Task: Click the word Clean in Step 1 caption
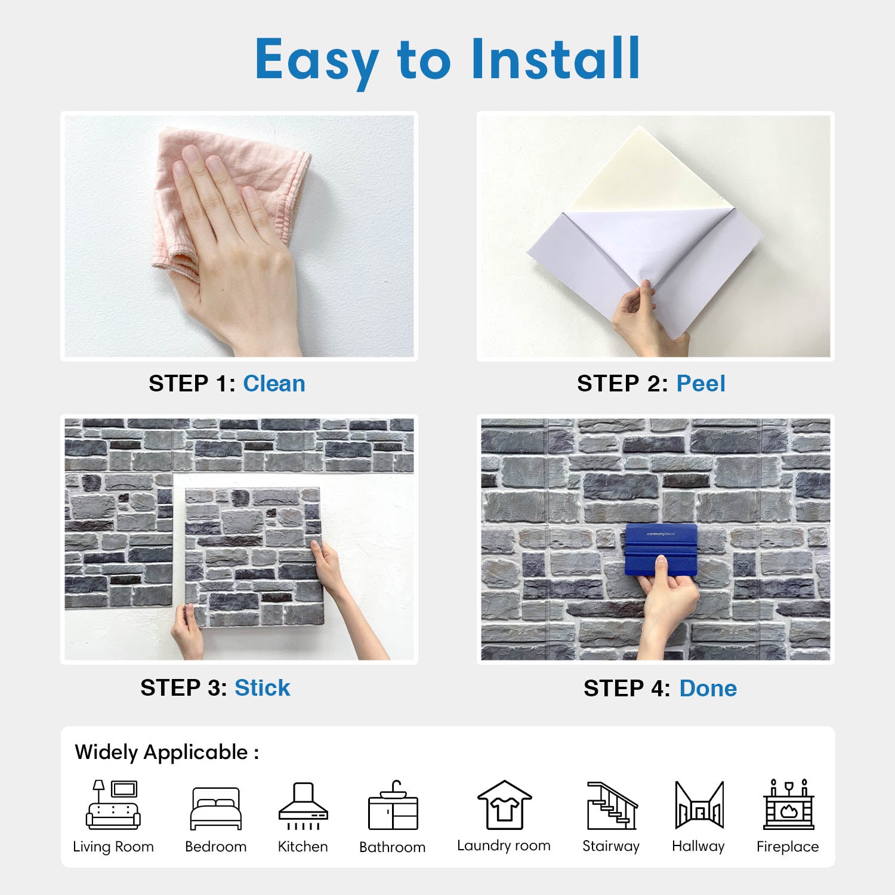(274, 384)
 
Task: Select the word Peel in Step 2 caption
(700, 384)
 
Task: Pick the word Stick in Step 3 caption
(262, 688)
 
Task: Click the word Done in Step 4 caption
(708, 689)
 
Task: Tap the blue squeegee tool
(661, 550)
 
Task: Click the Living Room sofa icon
(113, 804)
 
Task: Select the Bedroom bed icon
(216, 808)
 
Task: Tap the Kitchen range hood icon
(303, 805)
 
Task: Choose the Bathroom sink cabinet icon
(393, 805)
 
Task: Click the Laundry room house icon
(504, 805)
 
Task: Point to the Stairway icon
(612, 805)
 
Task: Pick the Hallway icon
(699, 805)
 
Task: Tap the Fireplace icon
(788, 804)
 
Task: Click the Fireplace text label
(788, 847)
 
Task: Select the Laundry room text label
(504, 845)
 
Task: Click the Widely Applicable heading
(167, 752)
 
